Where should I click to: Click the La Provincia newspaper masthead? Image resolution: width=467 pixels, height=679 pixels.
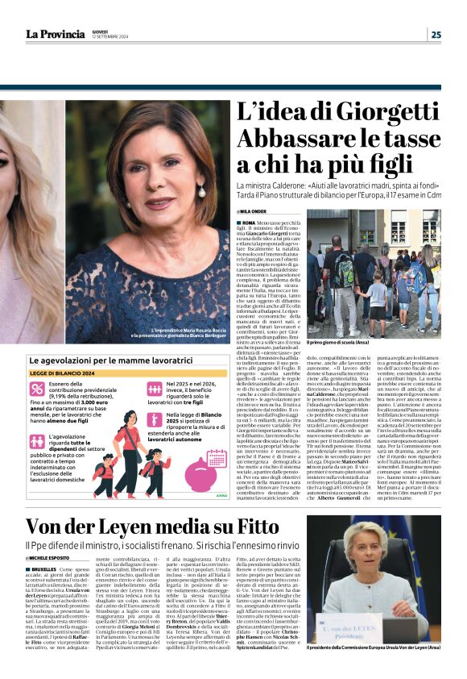tap(56, 34)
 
